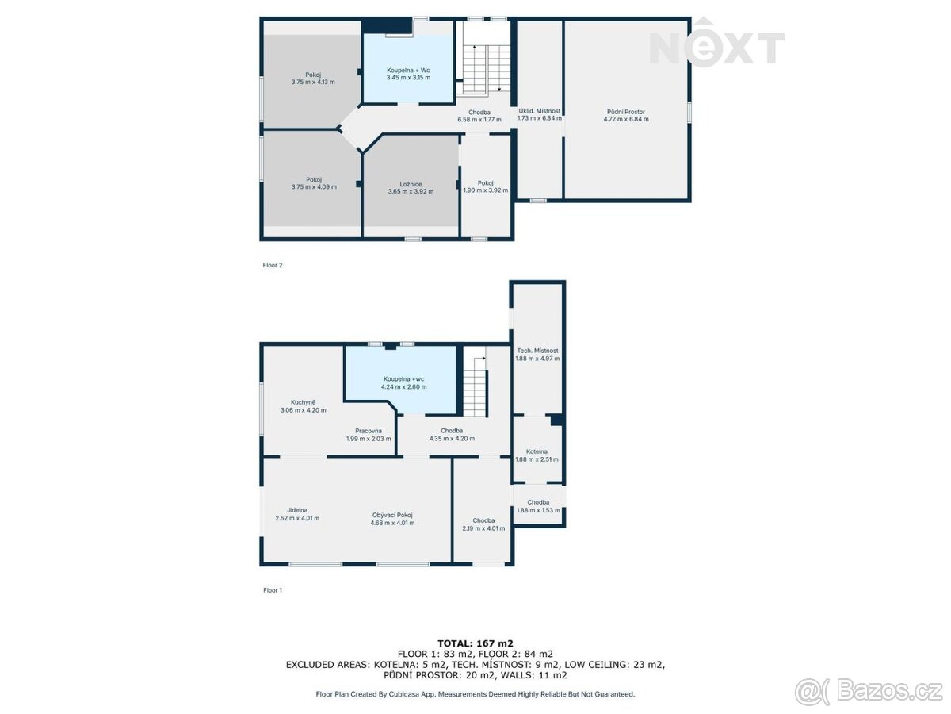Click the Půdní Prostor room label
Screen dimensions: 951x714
click(x=625, y=112)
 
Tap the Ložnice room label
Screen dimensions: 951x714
click(x=411, y=184)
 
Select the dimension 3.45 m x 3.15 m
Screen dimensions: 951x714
click(x=408, y=78)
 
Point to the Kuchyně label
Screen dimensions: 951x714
click(x=303, y=402)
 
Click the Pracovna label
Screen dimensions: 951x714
click(x=369, y=431)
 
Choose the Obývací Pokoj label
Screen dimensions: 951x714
click(x=392, y=515)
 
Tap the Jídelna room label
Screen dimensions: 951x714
click(x=297, y=510)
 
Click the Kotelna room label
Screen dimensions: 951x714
click(x=537, y=451)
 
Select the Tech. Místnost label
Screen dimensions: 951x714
click(x=537, y=351)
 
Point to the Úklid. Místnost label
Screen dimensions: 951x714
click(x=540, y=111)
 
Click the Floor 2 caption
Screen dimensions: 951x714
click(x=273, y=265)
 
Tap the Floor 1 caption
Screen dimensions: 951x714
click(x=273, y=590)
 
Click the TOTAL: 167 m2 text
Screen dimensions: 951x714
click(x=475, y=643)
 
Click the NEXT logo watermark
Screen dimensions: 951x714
click(x=716, y=44)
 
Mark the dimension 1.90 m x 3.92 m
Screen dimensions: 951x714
click(x=486, y=190)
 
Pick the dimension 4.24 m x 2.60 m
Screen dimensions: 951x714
click(x=404, y=386)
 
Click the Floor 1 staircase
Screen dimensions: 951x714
click(x=475, y=386)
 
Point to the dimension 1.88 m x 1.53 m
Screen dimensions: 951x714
click(x=538, y=510)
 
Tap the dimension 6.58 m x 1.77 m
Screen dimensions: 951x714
click(x=479, y=120)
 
